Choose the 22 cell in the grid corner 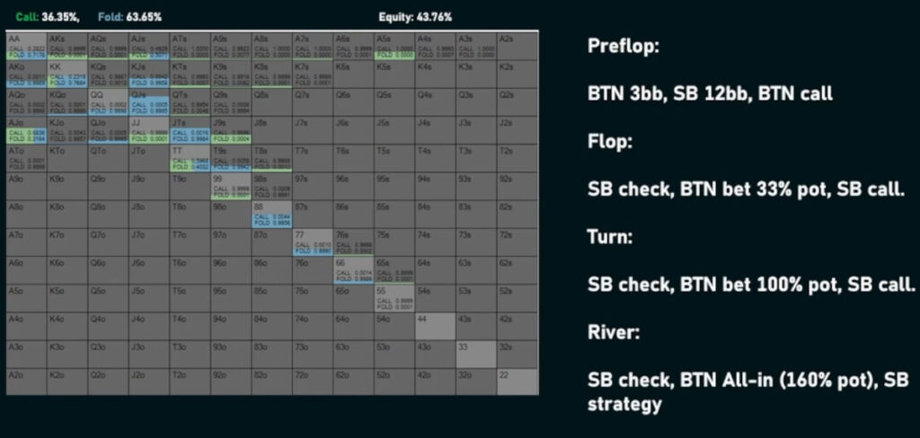coord(517,381)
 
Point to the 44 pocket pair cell coord(435,325)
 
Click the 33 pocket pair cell coord(475,353)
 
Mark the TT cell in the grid coord(189,158)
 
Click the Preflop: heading coord(623,47)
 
